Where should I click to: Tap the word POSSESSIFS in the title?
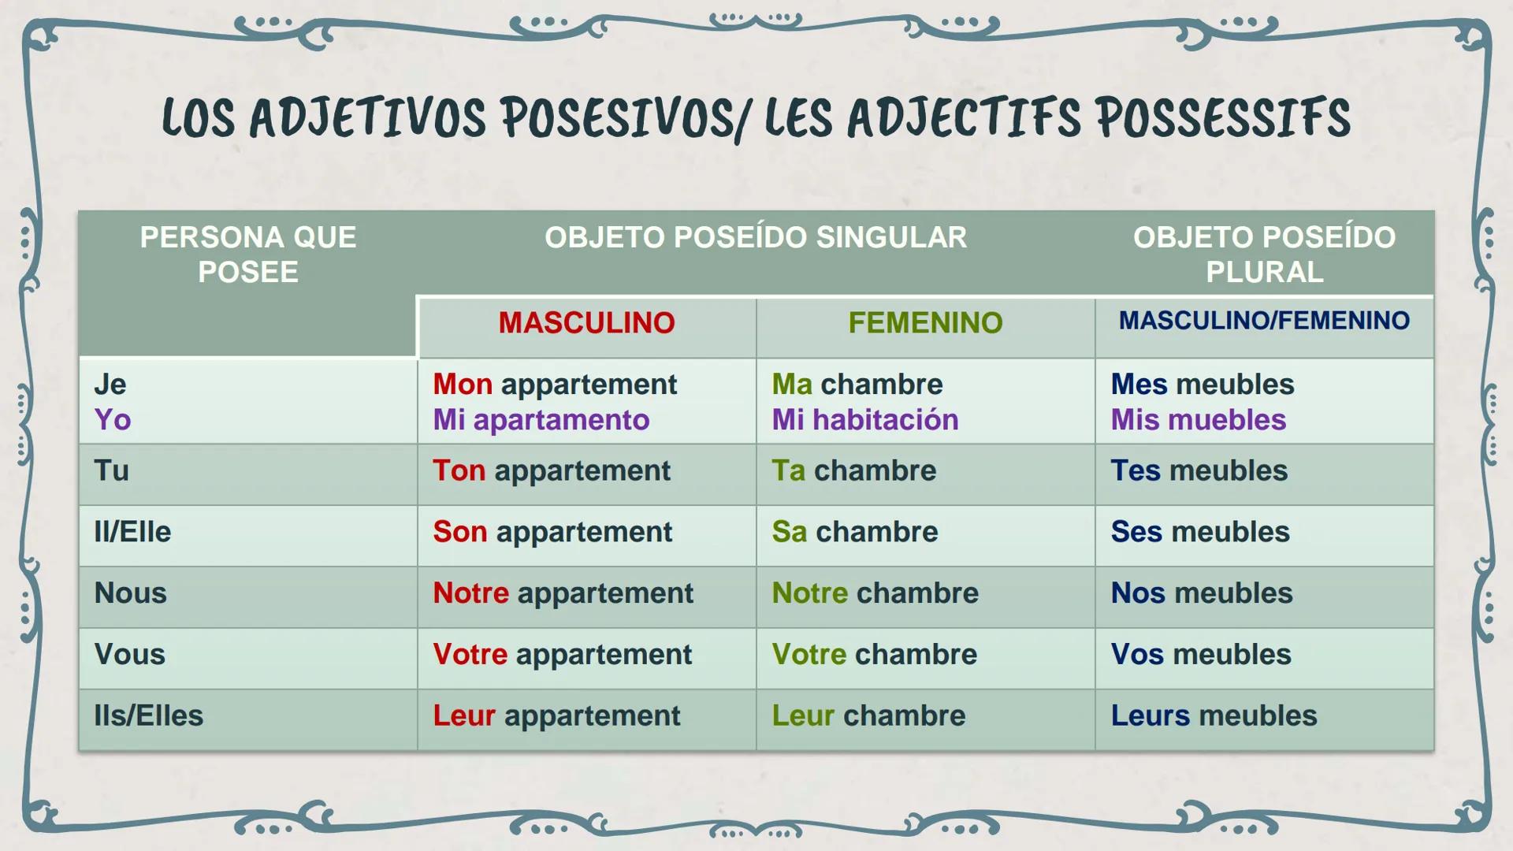point(1223,118)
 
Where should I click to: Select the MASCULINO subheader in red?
point(586,323)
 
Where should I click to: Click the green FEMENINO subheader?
point(925,323)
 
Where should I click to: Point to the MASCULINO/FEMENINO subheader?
point(1264,321)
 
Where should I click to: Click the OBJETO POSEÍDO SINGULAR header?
point(756,237)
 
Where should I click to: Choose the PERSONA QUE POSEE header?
point(248,255)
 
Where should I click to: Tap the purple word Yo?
point(113,420)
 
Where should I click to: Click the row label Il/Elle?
point(132,532)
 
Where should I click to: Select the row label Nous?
point(130,593)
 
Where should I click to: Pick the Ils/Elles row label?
point(148,716)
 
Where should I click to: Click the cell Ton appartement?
point(552,471)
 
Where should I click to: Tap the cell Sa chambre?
point(855,532)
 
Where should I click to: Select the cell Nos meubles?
point(1202,593)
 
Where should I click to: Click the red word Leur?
point(464,716)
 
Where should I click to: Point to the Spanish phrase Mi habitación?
point(865,420)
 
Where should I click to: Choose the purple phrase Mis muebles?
point(1199,420)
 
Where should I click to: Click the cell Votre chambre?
point(875,655)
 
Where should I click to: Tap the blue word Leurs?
point(1151,716)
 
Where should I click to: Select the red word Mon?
point(463,385)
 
